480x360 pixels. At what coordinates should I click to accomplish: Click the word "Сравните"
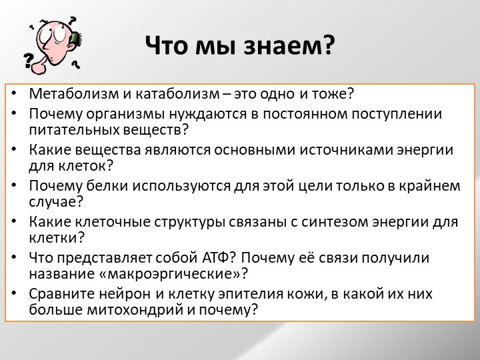point(60,293)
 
